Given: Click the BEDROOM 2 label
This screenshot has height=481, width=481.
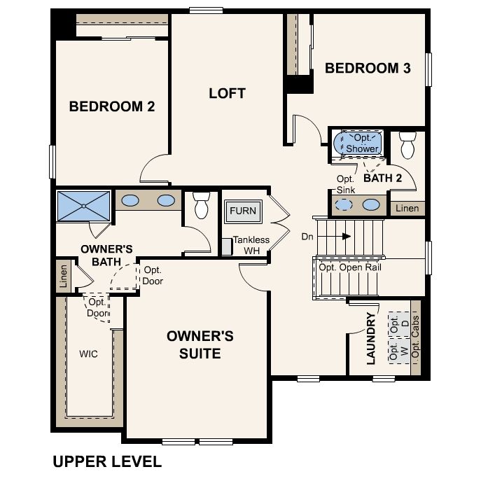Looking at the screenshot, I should (111, 106).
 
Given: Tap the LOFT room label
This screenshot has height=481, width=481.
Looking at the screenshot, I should (228, 92).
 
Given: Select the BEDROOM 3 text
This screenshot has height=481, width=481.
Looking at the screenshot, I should (368, 68).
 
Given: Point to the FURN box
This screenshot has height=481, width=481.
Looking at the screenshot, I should (242, 211).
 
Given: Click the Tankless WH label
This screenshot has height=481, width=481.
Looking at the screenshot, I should (251, 245).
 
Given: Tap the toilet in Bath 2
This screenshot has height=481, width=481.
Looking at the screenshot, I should (407, 145).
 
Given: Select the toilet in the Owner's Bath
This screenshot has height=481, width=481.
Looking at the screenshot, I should (202, 205).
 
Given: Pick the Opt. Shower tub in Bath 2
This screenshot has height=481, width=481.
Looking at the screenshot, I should (361, 144).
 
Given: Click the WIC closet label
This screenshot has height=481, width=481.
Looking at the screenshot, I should (88, 354).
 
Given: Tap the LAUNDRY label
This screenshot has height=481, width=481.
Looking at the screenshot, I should (371, 338).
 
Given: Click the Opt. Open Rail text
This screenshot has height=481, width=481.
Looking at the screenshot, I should (349, 267).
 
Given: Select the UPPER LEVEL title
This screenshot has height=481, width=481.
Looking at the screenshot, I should (107, 461).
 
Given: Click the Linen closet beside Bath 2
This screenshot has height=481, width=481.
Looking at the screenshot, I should (407, 208).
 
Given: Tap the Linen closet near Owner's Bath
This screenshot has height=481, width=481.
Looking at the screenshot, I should (63, 274).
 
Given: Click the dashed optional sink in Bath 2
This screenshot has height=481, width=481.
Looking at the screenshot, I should (344, 204).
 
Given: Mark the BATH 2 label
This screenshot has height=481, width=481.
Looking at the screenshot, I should (382, 178).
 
